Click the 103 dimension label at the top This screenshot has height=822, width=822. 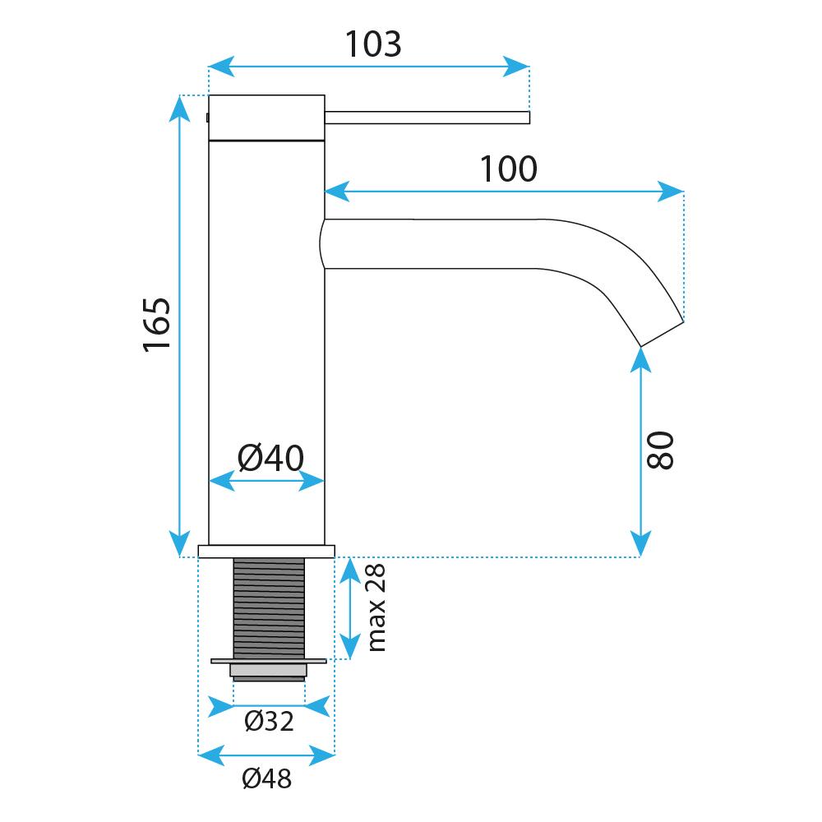point(372,44)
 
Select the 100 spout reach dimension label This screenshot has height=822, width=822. point(508,169)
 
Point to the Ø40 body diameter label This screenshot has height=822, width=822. point(270,457)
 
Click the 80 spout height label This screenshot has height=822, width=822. point(660,450)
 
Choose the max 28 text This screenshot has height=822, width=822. point(377,608)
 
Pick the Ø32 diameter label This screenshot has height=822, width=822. point(269,722)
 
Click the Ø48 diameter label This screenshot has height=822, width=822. point(267,778)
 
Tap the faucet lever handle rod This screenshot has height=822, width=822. point(427,118)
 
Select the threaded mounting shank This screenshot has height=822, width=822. point(269,607)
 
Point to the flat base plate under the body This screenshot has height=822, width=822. point(266,551)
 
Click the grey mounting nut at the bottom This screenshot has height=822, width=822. point(269,672)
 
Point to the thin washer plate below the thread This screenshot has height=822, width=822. point(269,660)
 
